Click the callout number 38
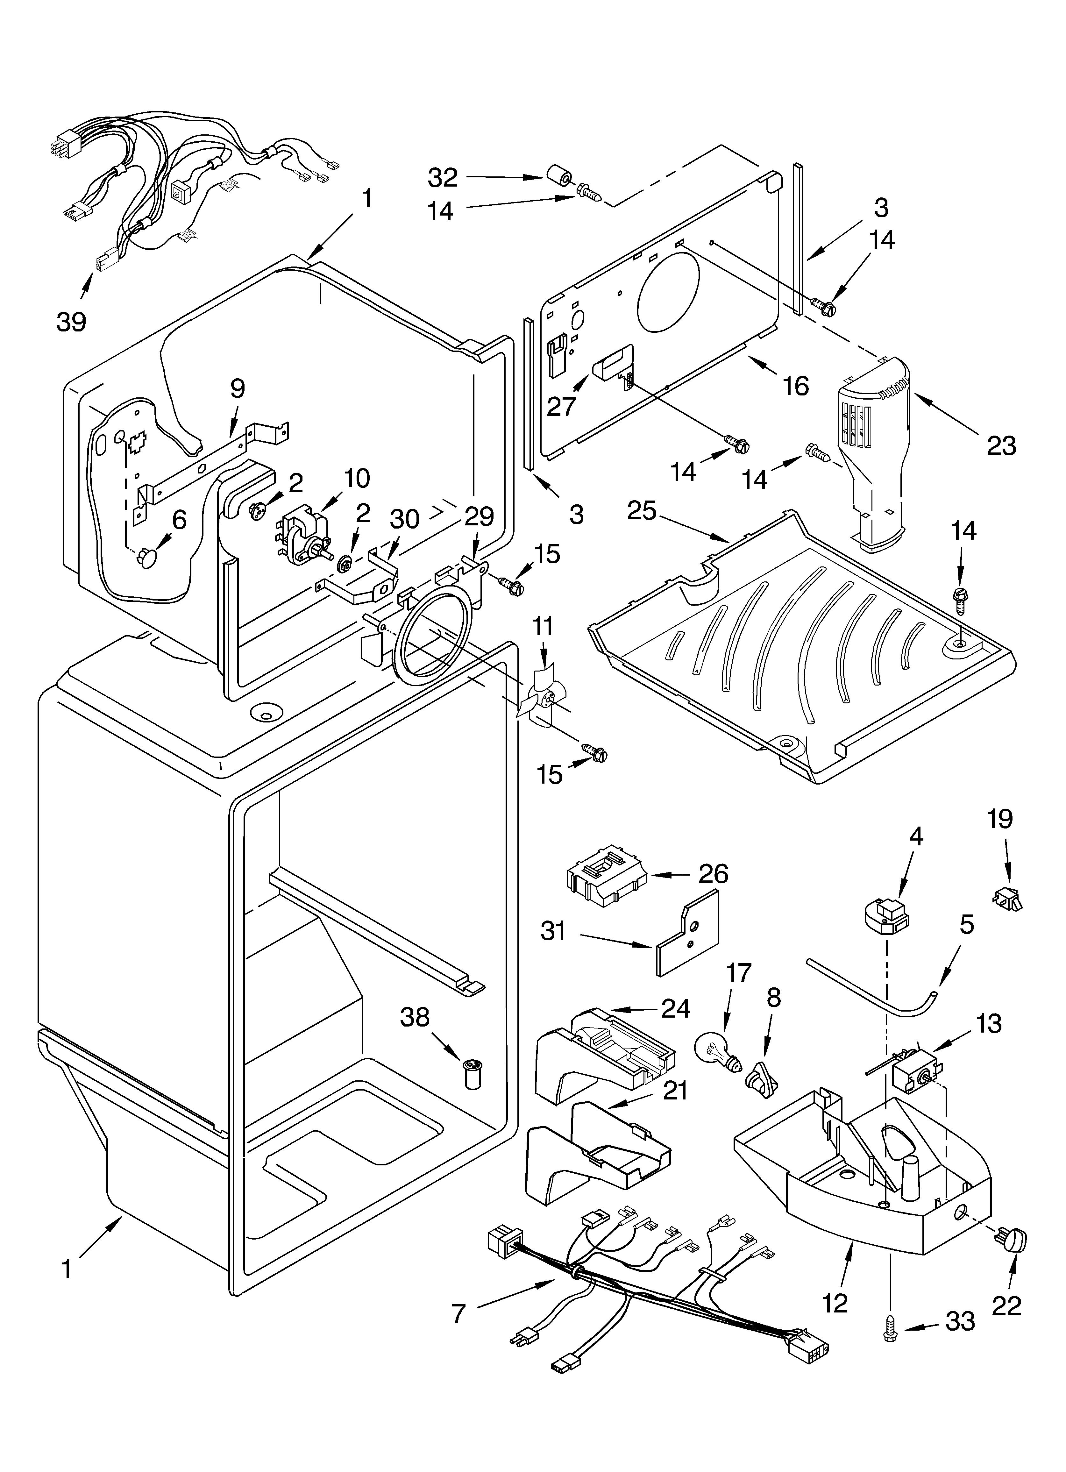(x=415, y=1017)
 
